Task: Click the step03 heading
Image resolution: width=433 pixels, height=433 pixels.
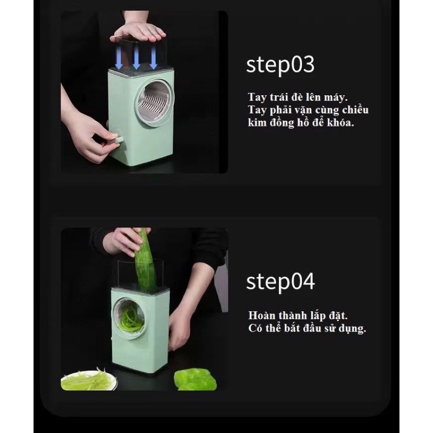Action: click(280, 65)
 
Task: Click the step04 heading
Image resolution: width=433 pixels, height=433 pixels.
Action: click(280, 281)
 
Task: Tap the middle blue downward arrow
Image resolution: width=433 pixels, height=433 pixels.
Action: click(136, 57)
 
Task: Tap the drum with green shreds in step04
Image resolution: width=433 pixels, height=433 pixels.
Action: click(130, 317)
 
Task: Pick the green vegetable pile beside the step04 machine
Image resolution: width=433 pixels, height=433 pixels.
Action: click(195, 380)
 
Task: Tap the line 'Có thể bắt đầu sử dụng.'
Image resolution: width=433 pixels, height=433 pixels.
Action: click(307, 328)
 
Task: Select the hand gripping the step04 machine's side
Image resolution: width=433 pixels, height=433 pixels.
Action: click(179, 330)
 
